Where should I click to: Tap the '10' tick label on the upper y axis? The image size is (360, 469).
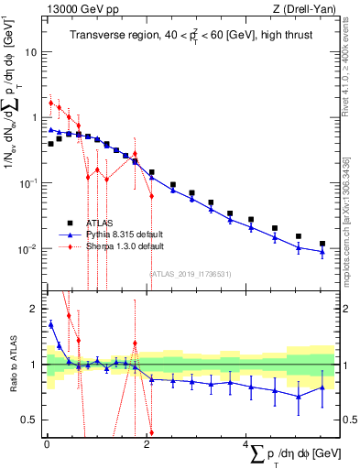[30, 52]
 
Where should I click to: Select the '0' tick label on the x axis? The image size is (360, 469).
[46, 444]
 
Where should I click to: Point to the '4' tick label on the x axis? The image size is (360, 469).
[245, 444]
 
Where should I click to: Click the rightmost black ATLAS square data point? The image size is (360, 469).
[322, 244]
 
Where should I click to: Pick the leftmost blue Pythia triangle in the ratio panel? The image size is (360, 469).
[50, 323]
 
